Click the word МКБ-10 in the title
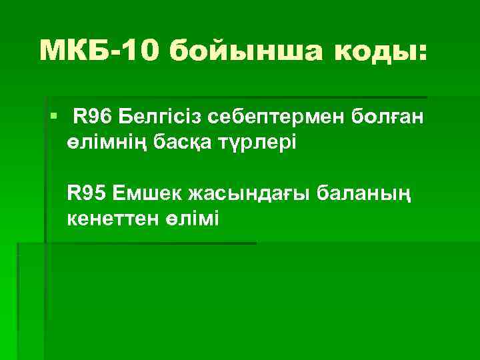tap(99, 51)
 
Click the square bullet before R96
tap(53, 118)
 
